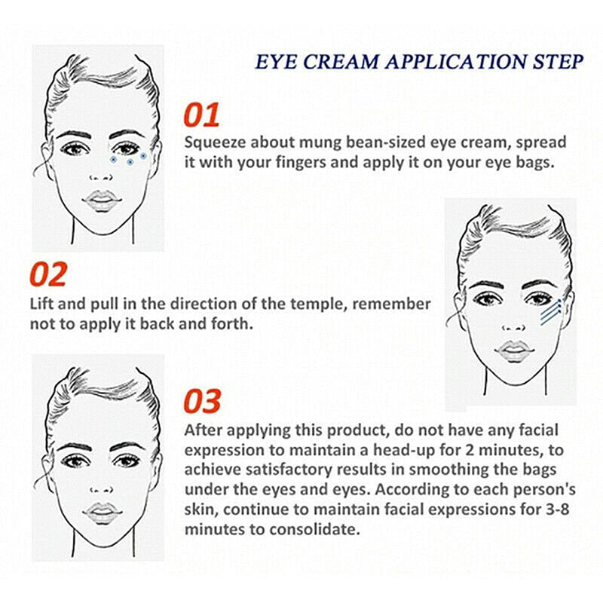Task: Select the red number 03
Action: click(x=203, y=401)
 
